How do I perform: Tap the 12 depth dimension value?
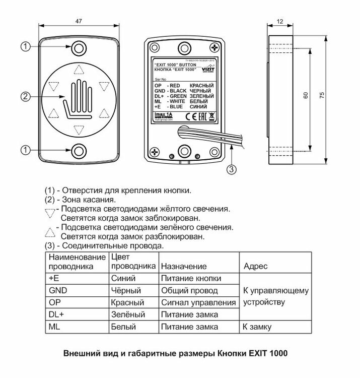click(280, 21)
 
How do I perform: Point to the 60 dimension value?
click(306, 95)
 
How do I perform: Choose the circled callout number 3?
click(231, 169)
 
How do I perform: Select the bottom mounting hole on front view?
click(79, 150)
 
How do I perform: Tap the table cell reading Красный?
click(127, 303)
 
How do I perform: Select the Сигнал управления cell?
click(198, 303)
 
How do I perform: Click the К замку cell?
click(257, 327)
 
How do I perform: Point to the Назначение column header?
click(184, 266)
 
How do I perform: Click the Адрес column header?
click(255, 266)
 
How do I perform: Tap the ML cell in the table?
click(54, 327)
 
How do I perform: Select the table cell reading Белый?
click(123, 327)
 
